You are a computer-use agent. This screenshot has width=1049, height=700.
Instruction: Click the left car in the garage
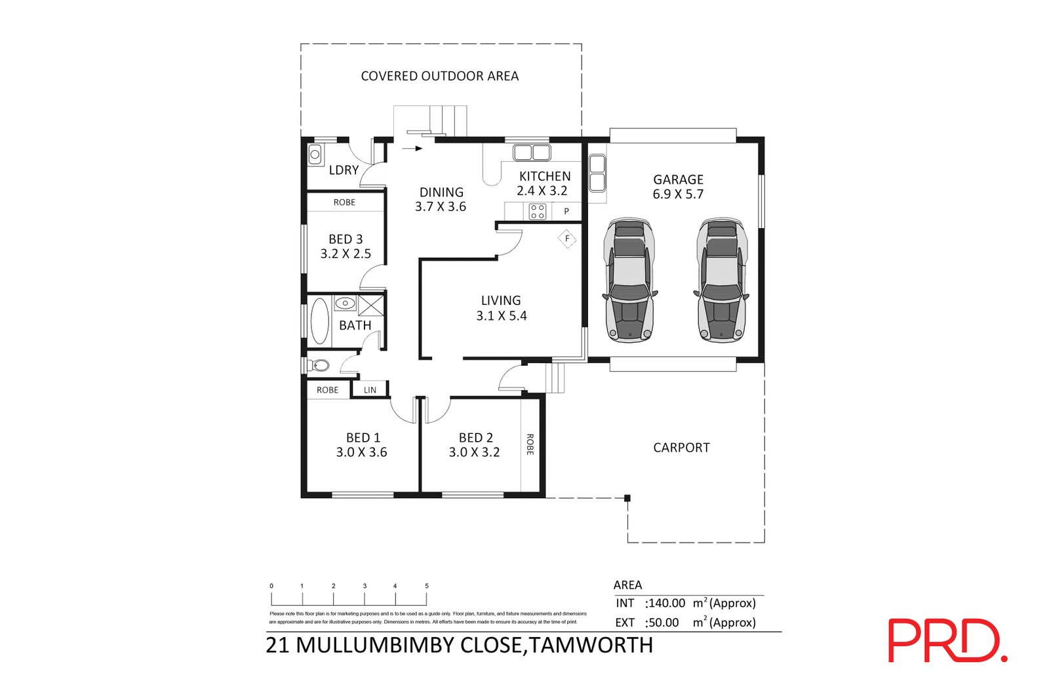(x=629, y=281)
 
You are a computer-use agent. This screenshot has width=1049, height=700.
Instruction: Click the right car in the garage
(x=722, y=281)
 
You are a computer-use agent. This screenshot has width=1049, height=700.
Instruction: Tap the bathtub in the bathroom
(x=319, y=321)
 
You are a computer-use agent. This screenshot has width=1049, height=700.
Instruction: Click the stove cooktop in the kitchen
(x=538, y=211)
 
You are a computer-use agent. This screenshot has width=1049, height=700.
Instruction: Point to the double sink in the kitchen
(x=532, y=153)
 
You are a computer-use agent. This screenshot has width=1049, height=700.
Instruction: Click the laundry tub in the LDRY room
(x=315, y=155)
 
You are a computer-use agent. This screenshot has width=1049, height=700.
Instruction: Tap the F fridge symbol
(x=567, y=239)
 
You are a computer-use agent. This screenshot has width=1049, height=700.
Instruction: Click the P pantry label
(x=566, y=212)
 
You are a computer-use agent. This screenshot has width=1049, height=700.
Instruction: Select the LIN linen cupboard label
(x=370, y=390)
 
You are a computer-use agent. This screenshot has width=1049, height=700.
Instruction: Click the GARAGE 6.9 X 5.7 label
(x=678, y=187)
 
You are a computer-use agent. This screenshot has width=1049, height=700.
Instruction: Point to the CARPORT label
(x=681, y=448)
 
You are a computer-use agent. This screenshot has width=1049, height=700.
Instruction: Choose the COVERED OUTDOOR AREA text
(x=439, y=76)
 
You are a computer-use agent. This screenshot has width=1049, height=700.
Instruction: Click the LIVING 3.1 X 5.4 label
(x=501, y=308)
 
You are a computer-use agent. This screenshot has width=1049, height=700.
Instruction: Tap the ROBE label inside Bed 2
(x=530, y=444)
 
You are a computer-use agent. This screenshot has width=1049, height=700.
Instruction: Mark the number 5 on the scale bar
(x=427, y=586)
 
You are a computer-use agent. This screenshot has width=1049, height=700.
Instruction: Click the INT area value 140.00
(x=666, y=603)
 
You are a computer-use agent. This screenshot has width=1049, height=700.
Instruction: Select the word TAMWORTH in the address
(x=591, y=646)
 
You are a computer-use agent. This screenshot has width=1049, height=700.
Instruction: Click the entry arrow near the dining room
(x=412, y=149)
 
